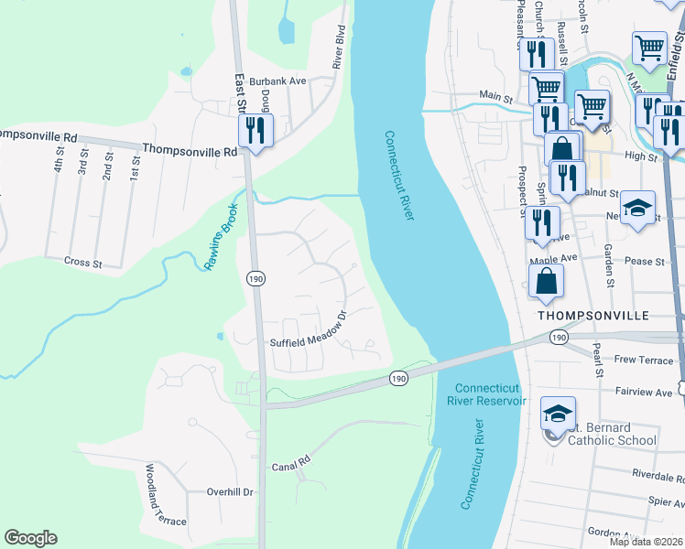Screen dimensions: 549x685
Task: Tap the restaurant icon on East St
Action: pyautogui.click(x=256, y=130)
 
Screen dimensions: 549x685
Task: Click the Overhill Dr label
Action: pyautogui.click(x=229, y=491)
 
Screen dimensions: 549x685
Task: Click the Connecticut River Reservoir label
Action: pyautogui.click(x=487, y=393)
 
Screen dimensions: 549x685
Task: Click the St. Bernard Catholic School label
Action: pyautogui.click(x=612, y=434)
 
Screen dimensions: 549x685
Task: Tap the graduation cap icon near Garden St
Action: pyautogui.click(x=637, y=209)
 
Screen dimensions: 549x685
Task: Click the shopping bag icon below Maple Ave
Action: pyautogui.click(x=546, y=283)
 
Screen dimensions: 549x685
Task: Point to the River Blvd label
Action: pyautogui.click(x=338, y=51)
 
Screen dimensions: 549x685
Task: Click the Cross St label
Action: pyautogui.click(x=82, y=262)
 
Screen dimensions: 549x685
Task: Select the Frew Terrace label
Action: pyautogui.click(x=644, y=361)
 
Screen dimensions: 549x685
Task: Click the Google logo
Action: pyautogui.click(x=30, y=538)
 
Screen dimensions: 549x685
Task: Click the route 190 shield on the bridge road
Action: pyautogui.click(x=397, y=377)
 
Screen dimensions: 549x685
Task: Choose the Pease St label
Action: pyautogui.click(x=644, y=262)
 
